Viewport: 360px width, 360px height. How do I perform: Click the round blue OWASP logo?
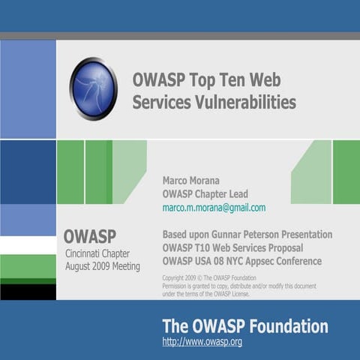point(94,89)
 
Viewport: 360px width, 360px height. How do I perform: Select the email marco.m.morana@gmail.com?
point(214,208)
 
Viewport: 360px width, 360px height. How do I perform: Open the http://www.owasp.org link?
point(202,342)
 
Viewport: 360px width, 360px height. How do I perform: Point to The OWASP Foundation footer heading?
point(245,326)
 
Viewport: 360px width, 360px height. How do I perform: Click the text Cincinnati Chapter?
point(97,253)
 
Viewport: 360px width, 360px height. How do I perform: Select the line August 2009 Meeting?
point(103,265)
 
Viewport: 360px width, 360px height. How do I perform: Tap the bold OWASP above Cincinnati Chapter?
point(89,237)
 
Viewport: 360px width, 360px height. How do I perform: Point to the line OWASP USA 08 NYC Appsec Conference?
point(242,262)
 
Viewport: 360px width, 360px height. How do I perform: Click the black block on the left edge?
point(28,292)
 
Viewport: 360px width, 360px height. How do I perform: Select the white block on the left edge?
point(28,245)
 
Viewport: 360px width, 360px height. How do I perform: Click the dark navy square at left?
point(28,172)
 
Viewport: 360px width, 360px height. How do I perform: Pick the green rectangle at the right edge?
point(346,172)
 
